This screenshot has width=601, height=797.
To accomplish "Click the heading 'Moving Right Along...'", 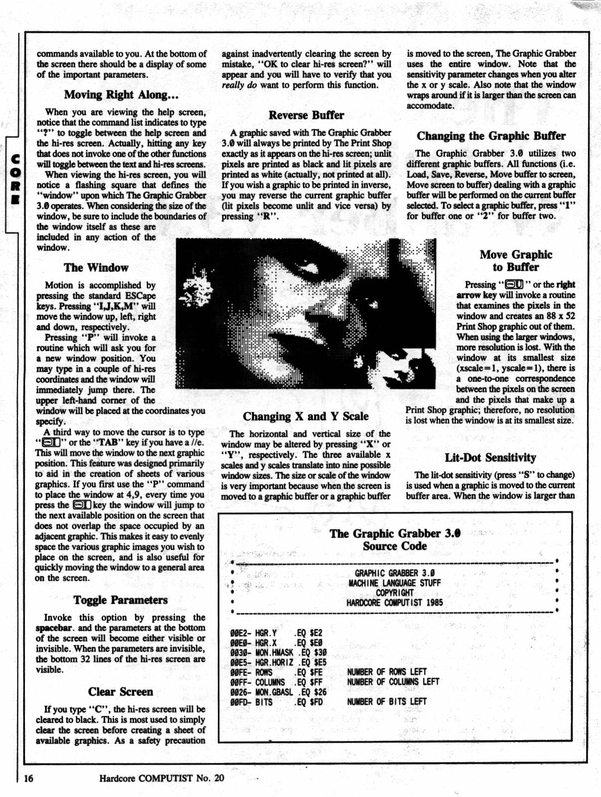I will tap(121, 95).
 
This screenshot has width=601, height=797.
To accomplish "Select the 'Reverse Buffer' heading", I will tap(306, 115).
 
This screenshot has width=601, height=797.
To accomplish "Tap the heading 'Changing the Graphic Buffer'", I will tap(491, 136).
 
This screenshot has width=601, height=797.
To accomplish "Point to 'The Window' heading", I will tap(96, 268).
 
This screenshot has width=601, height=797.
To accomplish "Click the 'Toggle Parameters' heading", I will tap(121, 600).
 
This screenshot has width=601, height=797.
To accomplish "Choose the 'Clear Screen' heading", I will tap(121, 692).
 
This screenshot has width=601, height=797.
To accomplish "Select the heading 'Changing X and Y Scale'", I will tap(306, 417).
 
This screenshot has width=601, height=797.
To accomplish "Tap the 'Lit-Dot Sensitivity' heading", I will tap(490, 458).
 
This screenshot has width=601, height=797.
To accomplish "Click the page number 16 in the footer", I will tap(28, 778).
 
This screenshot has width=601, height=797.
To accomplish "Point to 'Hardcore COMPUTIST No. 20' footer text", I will tap(162, 778).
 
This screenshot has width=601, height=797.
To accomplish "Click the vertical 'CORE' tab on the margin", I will tap(15, 180).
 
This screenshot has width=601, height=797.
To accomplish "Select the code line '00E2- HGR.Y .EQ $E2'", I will tap(276, 633).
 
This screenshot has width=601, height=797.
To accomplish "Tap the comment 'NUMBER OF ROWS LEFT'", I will tap(387, 672).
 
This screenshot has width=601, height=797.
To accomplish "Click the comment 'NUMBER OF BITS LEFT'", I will tap(387, 702).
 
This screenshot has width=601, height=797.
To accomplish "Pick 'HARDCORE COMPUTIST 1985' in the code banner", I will tap(395, 603).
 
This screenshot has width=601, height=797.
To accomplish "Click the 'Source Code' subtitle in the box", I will tap(395, 546).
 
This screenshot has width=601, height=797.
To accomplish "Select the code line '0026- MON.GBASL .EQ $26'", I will tap(278, 692).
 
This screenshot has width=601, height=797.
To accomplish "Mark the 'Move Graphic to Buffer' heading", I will tap(516, 261).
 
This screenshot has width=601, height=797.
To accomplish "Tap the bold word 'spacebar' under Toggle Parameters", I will tap(54, 628).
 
